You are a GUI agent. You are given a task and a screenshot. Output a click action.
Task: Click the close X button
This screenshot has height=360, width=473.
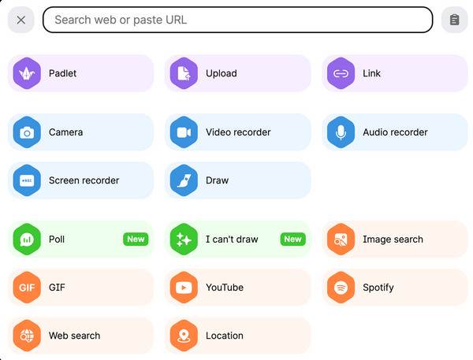click(20, 20)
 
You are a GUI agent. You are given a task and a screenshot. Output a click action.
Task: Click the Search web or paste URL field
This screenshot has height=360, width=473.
click(237, 20)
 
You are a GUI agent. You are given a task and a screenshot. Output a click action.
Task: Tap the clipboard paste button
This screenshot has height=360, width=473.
click(454, 20)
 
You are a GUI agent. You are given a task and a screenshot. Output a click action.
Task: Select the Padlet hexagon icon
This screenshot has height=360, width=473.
click(27, 73)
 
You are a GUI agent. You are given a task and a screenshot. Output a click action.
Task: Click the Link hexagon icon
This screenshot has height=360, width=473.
click(341, 73)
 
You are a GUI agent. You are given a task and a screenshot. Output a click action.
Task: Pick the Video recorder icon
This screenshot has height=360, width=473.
click(184, 132)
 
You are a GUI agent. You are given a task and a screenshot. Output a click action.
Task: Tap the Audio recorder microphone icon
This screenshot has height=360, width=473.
click(341, 132)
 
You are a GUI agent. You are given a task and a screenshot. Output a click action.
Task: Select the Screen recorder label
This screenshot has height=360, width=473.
click(84, 180)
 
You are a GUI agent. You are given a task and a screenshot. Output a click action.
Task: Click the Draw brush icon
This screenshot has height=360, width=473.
click(184, 180)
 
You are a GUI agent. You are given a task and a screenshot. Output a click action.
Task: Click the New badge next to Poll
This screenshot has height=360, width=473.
click(136, 239)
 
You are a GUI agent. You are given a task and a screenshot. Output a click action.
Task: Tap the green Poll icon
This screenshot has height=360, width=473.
click(27, 239)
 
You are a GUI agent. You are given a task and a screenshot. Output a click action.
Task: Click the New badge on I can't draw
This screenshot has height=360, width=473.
click(292, 239)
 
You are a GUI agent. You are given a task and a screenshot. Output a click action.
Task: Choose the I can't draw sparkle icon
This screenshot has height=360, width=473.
click(184, 239)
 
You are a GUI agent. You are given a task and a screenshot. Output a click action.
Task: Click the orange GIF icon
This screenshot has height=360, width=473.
click(27, 288)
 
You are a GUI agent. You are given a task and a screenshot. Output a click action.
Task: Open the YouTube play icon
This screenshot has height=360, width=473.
click(184, 288)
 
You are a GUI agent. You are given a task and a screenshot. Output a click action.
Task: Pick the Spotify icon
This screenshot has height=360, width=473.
click(341, 288)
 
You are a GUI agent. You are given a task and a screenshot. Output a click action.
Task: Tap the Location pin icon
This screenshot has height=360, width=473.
click(184, 336)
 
